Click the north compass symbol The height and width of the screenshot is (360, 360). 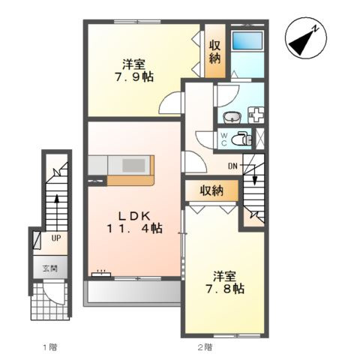coord(306,38)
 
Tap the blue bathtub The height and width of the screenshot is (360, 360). coord(247,40)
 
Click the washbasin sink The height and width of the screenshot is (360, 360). coord(232,117)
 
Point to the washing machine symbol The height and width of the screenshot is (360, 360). coord(256,115)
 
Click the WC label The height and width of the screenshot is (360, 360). coord(224,139)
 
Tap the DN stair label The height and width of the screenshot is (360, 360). coord(232,166)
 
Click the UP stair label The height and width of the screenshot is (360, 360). coord(56,238)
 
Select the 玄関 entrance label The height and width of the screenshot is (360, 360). coord(50,268)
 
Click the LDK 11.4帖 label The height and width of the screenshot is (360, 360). coord(135,222)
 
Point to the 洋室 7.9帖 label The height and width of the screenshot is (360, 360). coord(134,70)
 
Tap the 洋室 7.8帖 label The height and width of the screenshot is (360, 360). coord(225,282)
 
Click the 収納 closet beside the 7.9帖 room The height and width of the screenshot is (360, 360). coord(215,52)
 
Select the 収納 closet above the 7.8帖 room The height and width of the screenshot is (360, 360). coord(211,191)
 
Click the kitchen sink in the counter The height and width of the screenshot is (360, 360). coord(133,166)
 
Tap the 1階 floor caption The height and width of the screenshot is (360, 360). coord(50,347)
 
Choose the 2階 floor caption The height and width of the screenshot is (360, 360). coord(205,347)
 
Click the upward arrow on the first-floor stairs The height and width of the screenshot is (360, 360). coord(57,213)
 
